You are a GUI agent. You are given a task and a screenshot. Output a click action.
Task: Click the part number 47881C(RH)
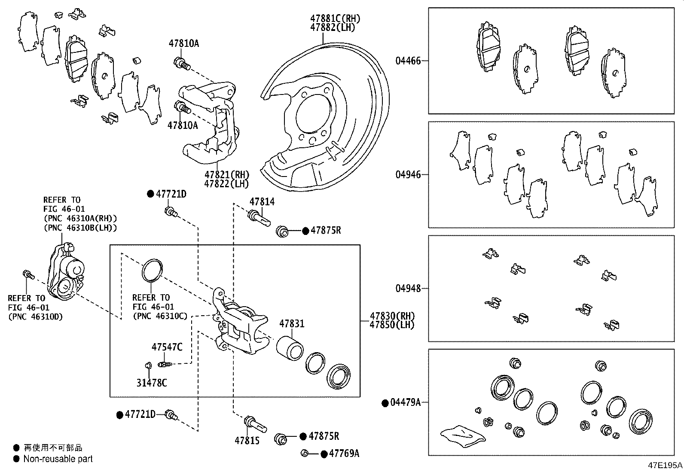[x=335, y=19]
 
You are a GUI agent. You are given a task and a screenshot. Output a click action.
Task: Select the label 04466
[x=408, y=61]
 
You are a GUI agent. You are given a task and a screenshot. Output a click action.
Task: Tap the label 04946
[x=408, y=175]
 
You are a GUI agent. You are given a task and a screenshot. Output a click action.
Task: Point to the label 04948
[x=408, y=288]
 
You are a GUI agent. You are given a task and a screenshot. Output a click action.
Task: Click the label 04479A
[x=405, y=403]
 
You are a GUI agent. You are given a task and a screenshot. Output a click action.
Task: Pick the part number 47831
[x=292, y=324]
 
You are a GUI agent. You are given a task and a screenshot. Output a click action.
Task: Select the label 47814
[x=262, y=202]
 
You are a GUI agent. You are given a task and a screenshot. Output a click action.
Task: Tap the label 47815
[x=247, y=441]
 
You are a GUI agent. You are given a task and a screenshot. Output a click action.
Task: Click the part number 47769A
[x=344, y=454]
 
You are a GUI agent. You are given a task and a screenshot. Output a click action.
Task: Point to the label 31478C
[x=152, y=382]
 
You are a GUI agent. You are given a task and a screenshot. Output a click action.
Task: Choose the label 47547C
[x=167, y=347]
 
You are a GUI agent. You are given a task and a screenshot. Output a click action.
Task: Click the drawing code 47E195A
[x=665, y=465]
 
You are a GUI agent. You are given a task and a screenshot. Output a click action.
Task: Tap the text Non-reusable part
[x=58, y=459]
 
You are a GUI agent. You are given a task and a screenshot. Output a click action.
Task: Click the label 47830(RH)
[x=392, y=317]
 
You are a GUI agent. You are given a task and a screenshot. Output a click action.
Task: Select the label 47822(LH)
[x=226, y=184]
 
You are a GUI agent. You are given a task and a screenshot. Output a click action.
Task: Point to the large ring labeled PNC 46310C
[x=152, y=270]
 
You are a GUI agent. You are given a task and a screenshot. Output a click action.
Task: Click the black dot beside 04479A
[x=385, y=403]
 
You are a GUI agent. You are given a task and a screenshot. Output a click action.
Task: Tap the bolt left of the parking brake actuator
[x=28, y=274]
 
